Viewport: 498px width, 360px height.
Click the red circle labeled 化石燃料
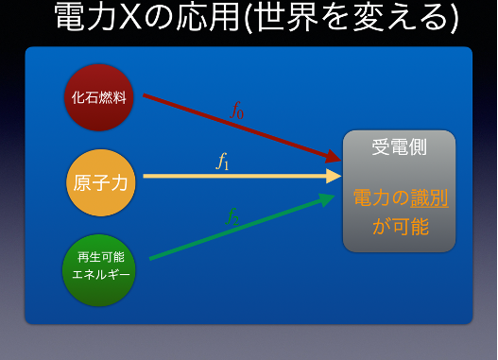99,97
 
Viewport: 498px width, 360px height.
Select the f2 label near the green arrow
232,216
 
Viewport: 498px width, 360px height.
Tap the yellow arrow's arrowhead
334,176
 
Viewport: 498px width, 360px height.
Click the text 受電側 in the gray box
399,147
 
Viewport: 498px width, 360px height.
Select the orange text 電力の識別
399,198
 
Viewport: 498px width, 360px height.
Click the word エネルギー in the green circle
100,276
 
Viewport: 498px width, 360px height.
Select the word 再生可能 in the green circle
100,257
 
